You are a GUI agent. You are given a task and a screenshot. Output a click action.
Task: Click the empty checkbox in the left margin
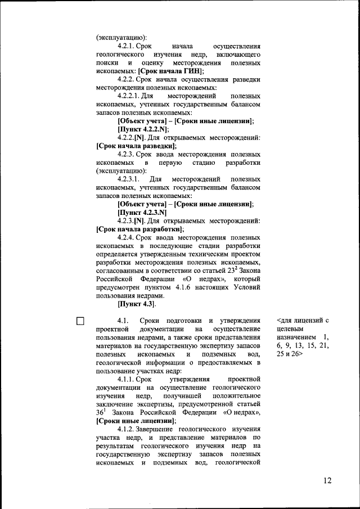tap(80, 321)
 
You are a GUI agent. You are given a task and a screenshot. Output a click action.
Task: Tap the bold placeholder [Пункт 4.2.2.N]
tap(143, 129)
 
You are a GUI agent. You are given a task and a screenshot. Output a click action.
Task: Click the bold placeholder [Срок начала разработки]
tap(139, 229)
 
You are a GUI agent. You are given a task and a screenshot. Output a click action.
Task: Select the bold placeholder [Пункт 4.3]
tap(137, 304)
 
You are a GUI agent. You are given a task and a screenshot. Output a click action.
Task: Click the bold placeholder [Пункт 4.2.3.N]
tap(142, 213)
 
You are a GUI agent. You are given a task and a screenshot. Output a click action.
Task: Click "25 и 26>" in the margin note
tap(289, 355)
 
